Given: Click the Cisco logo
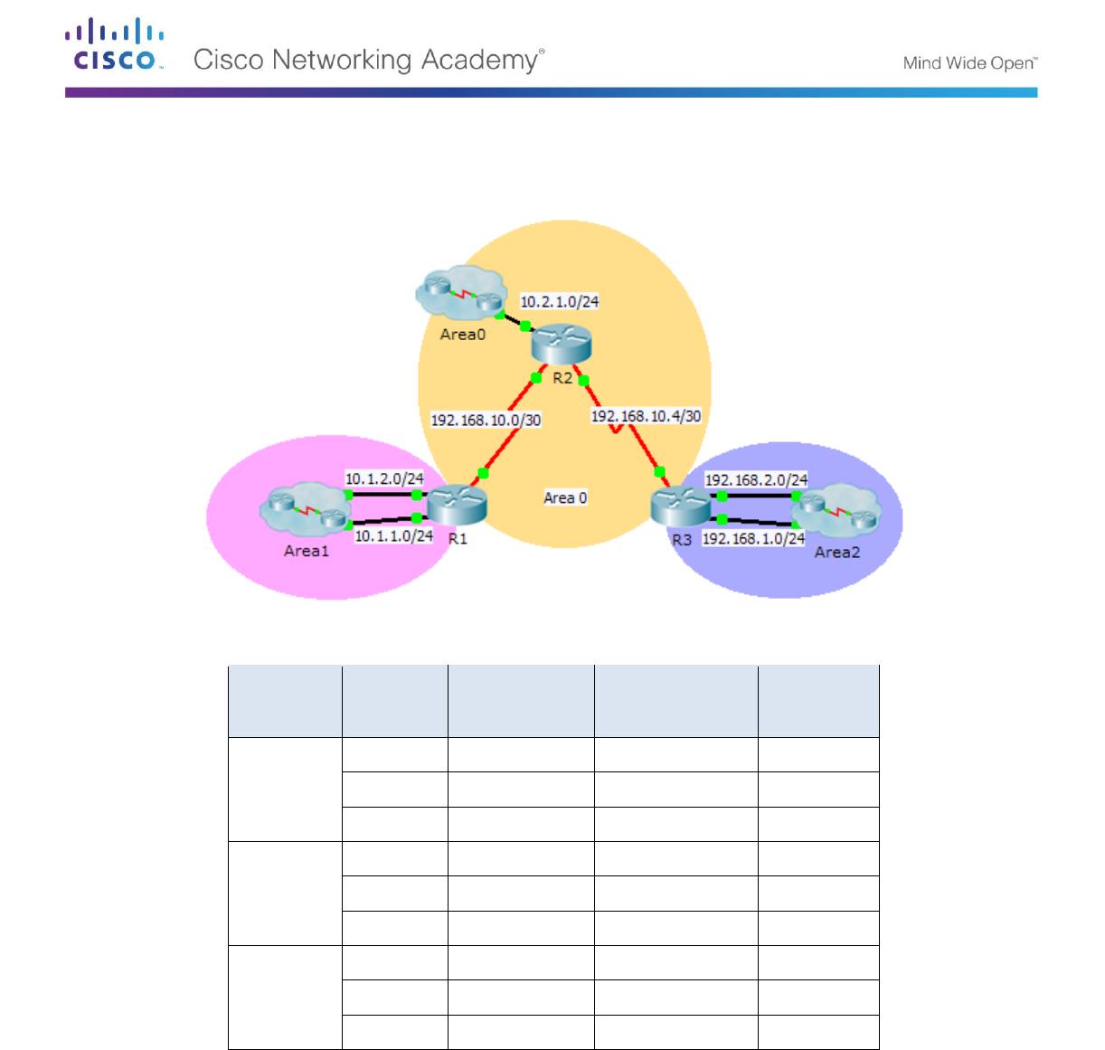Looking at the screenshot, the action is (114, 44).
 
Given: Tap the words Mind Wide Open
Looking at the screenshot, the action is (969, 63).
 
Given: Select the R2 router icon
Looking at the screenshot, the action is (561, 345).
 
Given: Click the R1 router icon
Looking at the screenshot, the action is (457, 505).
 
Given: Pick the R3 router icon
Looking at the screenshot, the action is (681, 506).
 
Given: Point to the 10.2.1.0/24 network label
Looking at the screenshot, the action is (560, 302).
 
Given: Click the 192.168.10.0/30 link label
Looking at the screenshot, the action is (486, 421).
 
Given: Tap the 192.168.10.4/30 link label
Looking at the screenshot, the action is (646, 416).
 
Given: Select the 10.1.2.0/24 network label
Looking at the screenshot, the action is (384, 478).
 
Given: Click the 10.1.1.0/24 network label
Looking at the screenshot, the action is (393, 536).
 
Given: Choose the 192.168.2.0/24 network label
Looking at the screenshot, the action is (756, 480).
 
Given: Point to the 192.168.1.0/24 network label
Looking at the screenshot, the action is (753, 539).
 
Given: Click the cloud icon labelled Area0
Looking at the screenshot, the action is (461, 292).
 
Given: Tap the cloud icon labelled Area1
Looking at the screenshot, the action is (306, 509).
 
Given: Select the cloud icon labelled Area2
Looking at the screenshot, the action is (836, 509).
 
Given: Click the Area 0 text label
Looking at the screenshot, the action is (565, 498).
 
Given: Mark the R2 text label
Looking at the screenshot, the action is (562, 378).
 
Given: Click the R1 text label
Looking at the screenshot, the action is (458, 539).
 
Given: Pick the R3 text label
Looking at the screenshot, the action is (682, 540).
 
